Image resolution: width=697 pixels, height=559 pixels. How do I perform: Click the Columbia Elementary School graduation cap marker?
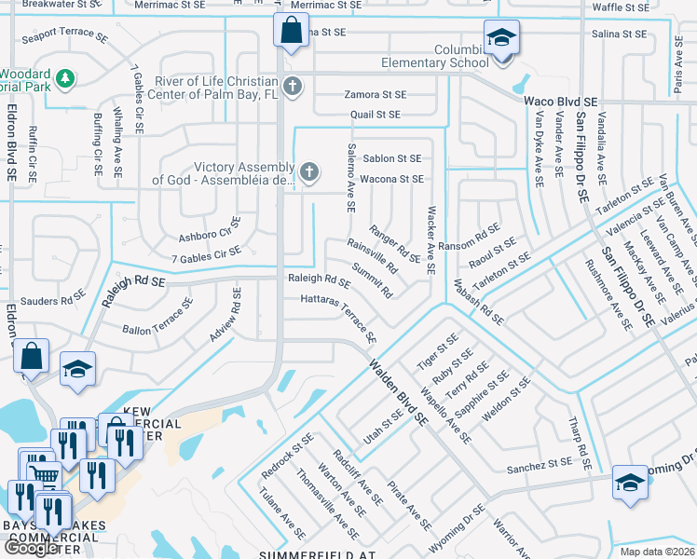click(x=501, y=38)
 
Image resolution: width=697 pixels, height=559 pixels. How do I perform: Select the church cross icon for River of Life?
click(x=293, y=88)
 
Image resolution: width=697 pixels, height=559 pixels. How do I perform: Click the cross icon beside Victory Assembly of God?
click(x=308, y=171)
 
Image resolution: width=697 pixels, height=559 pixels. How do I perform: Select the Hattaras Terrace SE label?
click(x=339, y=317)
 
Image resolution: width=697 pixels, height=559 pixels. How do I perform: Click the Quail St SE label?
click(x=375, y=115)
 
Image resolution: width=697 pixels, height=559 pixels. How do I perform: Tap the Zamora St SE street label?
click(x=375, y=94)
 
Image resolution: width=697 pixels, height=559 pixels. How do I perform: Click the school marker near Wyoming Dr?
click(x=630, y=484)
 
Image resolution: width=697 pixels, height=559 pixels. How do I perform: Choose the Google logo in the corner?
click(x=31, y=548)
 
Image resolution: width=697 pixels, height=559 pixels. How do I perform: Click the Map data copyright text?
click(x=657, y=552)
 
